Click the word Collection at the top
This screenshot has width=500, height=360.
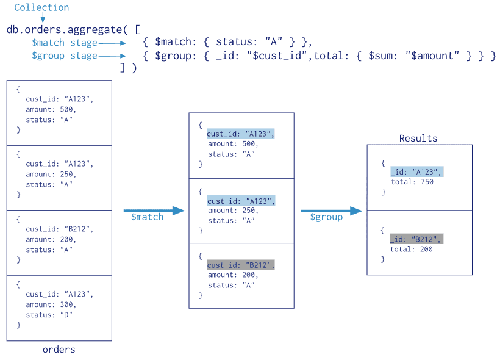click(41, 8)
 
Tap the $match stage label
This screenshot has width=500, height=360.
click(65, 43)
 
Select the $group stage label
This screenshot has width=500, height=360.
click(65, 56)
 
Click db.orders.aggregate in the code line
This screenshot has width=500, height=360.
click(59, 29)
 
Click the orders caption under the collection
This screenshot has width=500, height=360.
click(59, 350)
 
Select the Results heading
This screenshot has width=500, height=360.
click(418, 139)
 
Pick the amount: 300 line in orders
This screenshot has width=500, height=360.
click(52, 305)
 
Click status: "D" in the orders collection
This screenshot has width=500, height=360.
click(49, 315)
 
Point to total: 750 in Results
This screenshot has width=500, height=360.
click(412, 182)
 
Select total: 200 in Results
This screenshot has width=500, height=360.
click(412, 249)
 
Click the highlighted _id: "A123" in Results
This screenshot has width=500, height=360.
click(416, 172)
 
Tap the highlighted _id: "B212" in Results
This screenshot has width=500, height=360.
click(416, 239)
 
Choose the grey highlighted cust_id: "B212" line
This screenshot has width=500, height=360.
click(241, 265)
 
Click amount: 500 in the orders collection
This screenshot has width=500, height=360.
click(52, 110)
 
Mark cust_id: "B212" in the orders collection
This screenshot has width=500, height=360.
click(60, 229)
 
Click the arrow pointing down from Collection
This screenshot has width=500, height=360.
click(42, 18)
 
